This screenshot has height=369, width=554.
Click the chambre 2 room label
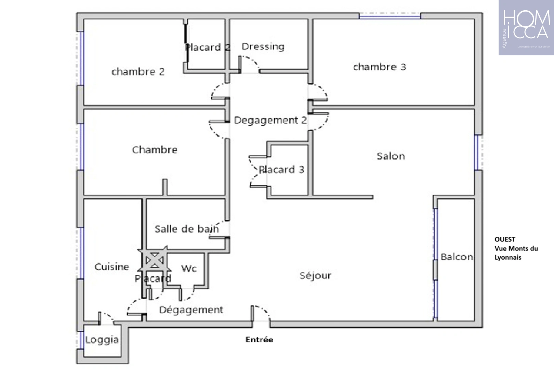pos(138,72)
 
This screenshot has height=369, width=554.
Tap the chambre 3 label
pos(379,67)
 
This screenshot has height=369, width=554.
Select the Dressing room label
pos(263,46)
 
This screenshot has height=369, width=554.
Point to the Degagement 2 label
pos(270,120)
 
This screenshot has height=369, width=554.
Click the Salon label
pos(391,156)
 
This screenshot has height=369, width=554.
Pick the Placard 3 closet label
pos(281,169)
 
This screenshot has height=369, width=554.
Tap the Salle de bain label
pos(186,229)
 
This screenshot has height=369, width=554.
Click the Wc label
pos(189,268)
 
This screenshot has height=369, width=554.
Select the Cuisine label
pos(112,266)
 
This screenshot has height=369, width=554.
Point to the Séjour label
pos(315,275)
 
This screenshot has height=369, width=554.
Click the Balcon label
pos(457,257)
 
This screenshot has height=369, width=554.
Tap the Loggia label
pos(102,340)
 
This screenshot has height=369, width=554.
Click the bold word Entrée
pos(259,340)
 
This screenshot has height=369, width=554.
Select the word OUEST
pos(505,240)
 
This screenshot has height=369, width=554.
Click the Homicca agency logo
pos(526,28)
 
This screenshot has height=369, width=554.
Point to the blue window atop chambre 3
pos(390,15)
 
